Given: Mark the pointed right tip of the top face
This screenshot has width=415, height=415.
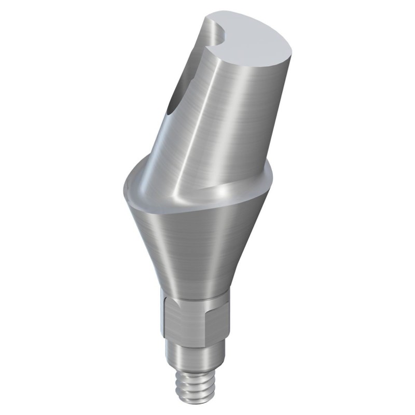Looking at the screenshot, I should (291, 52).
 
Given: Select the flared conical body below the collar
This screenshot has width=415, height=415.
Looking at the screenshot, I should (197, 244).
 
